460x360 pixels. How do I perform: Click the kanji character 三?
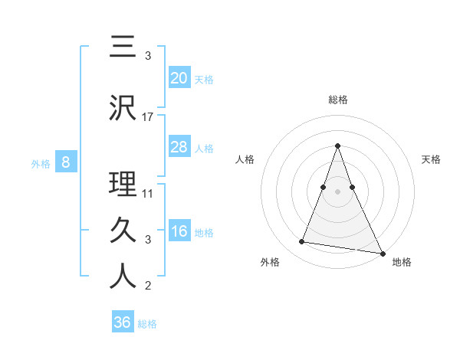[x=123, y=47]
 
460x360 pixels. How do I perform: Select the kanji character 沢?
[x=123, y=107]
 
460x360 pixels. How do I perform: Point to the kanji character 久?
[x=123, y=229]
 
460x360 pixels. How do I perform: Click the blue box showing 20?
[x=179, y=77]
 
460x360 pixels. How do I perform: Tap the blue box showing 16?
[x=179, y=231]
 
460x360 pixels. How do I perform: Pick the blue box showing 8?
[x=66, y=162]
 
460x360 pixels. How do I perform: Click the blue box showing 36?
[x=123, y=322]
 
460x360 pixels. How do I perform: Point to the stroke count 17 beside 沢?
[x=148, y=117]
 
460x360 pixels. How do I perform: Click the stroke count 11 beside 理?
[x=148, y=193]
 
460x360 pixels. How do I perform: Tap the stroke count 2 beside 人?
[x=148, y=286]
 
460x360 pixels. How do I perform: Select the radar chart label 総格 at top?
[x=338, y=100]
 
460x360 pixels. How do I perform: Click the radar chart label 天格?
[x=432, y=159]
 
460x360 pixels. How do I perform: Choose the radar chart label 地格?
[x=402, y=262]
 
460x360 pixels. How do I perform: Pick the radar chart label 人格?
[x=245, y=159]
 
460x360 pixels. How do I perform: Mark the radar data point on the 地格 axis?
[x=382, y=252]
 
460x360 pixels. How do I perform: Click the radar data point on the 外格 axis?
[x=302, y=242]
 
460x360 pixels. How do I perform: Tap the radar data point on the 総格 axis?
[x=338, y=146]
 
